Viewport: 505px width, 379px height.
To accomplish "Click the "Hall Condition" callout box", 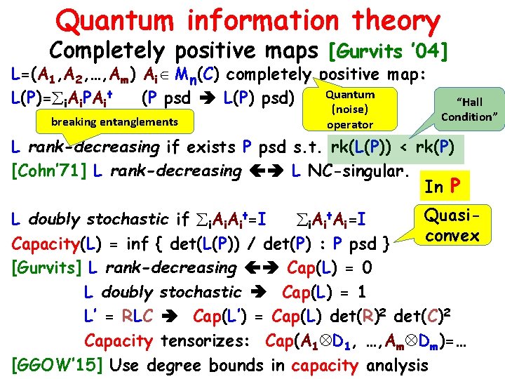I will [x=469, y=109].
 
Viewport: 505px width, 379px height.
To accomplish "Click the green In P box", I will [x=443, y=186].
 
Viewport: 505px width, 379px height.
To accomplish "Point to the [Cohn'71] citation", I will [x=50, y=171].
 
